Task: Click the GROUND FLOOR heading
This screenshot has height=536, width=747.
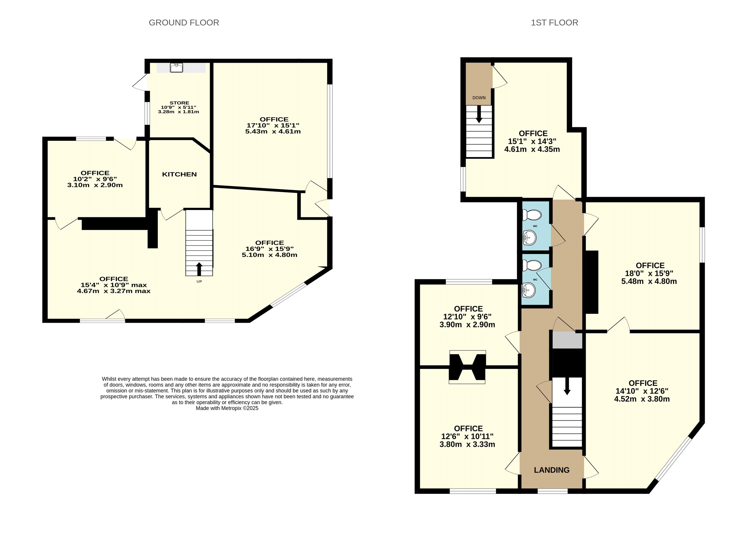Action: point(184,23)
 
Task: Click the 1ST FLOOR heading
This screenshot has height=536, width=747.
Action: point(554,23)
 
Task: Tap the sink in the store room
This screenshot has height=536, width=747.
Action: point(177,68)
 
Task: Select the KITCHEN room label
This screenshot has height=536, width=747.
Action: point(179,174)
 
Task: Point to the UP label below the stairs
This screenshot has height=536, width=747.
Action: point(199,281)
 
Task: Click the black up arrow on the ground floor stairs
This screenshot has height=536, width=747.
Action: point(199,269)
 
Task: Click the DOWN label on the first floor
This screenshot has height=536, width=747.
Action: point(479,98)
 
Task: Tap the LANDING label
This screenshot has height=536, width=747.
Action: point(552,470)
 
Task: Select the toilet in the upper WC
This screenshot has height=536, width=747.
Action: point(532,215)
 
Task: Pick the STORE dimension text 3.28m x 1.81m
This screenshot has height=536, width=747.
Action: point(178,112)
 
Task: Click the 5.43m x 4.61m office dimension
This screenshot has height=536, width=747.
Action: point(273,131)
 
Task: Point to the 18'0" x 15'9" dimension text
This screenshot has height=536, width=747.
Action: point(649,273)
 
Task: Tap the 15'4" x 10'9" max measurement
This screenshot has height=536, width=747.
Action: point(114,285)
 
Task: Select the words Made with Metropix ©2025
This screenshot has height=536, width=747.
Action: point(227,408)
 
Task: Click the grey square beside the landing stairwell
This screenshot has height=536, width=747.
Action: point(567,340)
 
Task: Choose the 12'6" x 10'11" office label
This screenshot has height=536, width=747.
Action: point(467,437)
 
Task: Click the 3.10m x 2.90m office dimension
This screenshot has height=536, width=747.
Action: point(95,185)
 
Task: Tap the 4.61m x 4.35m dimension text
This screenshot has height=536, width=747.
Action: point(532,149)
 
